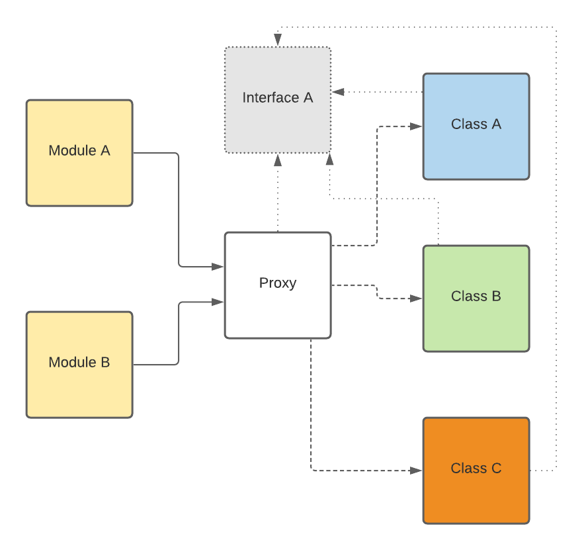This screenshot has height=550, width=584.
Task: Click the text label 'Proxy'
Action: tap(278, 283)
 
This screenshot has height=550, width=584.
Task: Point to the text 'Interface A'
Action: tap(278, 98)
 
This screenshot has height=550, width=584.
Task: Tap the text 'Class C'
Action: tap(476, 469)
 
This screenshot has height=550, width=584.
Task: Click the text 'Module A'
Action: tap(79, 151)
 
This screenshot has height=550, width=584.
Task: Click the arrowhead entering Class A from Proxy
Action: tap(416, 126)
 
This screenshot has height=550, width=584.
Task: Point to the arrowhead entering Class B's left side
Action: tap(416, 298)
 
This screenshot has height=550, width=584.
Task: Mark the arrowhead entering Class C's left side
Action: tap(416, 471)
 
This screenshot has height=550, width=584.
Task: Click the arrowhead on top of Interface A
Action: tap(278, 40)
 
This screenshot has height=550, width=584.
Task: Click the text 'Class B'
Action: tap(476, 297)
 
